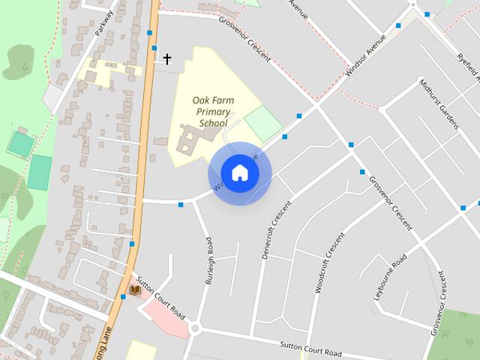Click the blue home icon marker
240,173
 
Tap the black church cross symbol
166,58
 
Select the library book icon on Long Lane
135,290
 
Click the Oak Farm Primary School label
211,112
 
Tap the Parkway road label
104,22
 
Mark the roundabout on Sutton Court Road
196,328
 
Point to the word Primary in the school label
213,112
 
